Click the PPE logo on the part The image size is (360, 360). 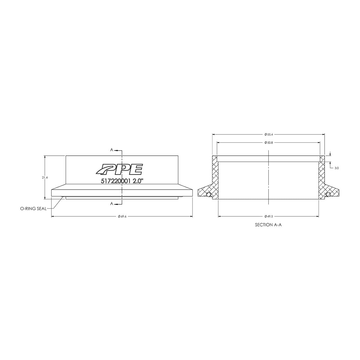[x=119, y=169]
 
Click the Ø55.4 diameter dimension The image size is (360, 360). [x=268, y=135]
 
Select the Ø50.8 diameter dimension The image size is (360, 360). [x=268, y=142]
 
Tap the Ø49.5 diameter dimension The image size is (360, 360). [x=268, y=216]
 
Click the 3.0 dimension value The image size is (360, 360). [x=336, y=168]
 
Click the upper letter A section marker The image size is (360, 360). [x=112, y=150]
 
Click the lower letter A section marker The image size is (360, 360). [x=112, y=204]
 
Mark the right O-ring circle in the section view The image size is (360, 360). [x=328, y=195]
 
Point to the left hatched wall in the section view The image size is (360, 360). [x=215, y=177]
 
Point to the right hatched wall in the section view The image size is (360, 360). [x=322, y=177]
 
